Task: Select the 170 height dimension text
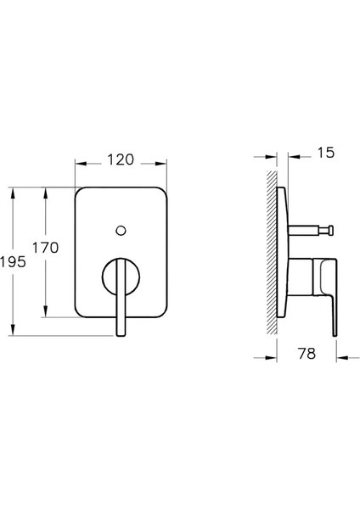point(46,248)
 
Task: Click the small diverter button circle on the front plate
point(120,230)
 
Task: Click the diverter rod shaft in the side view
point(310,229)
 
